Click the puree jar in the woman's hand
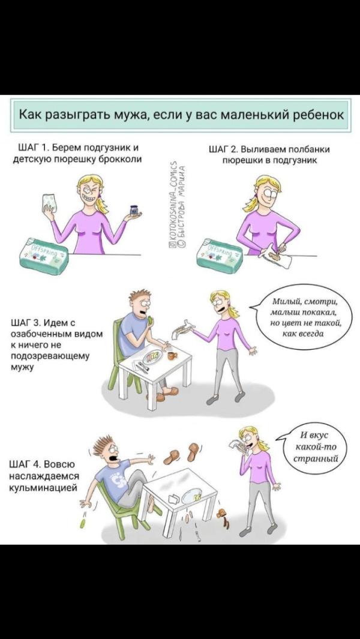pyautogui.click(x=134, y=210)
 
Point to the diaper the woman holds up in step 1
pyautogui.click(x=50, y=203)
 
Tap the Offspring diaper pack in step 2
pyautogui.click(x=220, y=256)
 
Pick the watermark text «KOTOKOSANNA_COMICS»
pyautogui.click(x=173, y=203)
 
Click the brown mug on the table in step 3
pyautogui.click(x=172, y=355)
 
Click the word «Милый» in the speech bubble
pyautogui.click(x=287, y=302)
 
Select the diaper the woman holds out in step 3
pyautogui.click(x=182, y=328)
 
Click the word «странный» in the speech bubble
pyautogui.click(x=316, y=458)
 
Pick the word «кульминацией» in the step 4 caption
pyautogui.click(x=43, y=488)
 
